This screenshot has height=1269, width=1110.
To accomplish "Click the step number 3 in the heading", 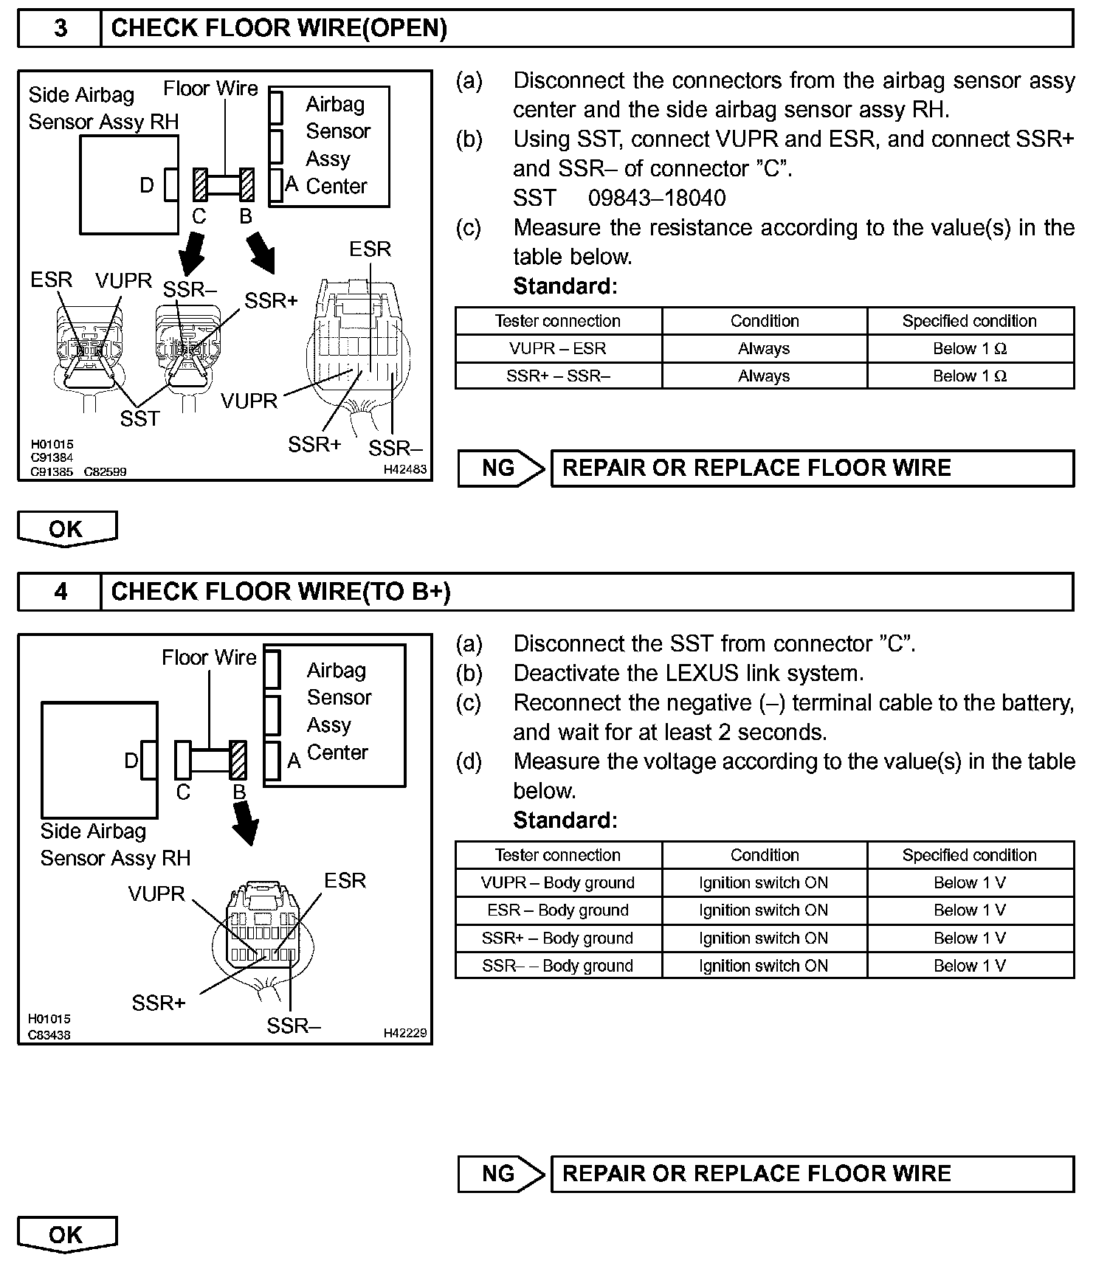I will pos(60,28).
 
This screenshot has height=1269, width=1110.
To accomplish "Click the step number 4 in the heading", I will pos(60,592).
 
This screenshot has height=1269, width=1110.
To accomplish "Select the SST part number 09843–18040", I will pos(656,198).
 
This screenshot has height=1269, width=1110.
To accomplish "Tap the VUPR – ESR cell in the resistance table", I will pos(558,348).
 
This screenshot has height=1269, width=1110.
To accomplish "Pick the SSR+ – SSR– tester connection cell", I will pos(558,376).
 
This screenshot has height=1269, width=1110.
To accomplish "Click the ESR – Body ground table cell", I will pos(558,910).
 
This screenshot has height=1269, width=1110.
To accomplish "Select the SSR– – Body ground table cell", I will pos(558,966).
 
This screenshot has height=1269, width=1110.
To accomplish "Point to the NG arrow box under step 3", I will pos(500,468).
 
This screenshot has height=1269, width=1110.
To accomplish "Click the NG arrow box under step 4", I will pos(500,1174).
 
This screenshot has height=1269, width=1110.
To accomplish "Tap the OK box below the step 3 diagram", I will pos(66,528).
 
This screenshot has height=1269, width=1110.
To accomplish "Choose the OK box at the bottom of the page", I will pos(66,1234).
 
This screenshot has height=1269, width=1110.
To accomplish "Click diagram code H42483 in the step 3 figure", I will pos(404,469).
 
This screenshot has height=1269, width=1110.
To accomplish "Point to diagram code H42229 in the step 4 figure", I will pos(404,1033).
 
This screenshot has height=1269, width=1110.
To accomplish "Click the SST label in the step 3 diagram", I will pos(139,419).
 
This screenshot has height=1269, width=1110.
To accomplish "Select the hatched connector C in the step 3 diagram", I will pos(199,185).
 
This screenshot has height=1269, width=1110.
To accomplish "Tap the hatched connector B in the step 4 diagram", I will pos(238,760).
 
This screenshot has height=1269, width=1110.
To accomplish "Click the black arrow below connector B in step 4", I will pos(245,823).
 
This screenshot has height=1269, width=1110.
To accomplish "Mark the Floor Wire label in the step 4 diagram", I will pos(209,657).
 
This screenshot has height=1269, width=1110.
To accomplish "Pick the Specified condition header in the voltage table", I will pos(969,855).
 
